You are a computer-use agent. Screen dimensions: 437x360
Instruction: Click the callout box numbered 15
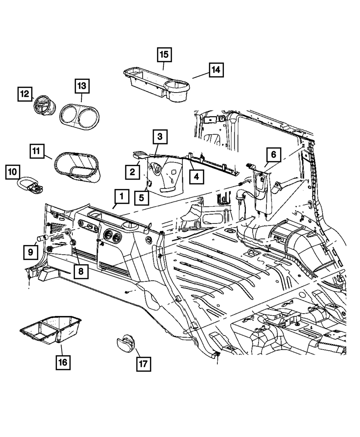[x=164, y=55]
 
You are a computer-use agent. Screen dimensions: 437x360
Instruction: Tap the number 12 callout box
[x=25, y=94]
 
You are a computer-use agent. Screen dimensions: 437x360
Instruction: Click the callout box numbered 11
[x=37, y=152]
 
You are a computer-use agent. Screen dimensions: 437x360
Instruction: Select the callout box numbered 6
[x=274, y=155]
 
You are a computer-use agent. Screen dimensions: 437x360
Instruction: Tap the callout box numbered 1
[x=122, y=197]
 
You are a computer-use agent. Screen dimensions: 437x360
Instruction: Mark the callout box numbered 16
[x=63, y=362]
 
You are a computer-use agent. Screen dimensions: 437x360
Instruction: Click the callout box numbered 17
[x=143, y=364]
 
